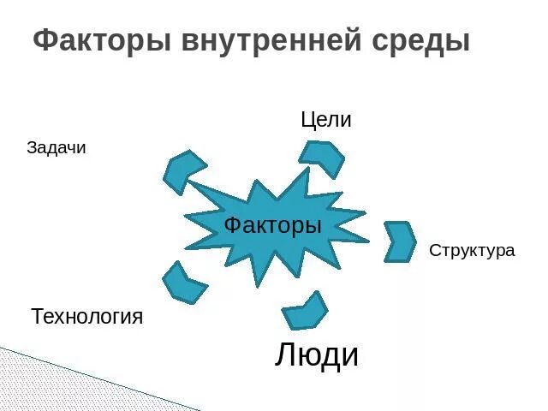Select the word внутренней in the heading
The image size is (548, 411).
tap(274, 40)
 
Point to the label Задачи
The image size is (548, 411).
tap(57, 148)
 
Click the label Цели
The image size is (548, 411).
tap(326, 120)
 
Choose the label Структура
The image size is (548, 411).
tap(472, 251)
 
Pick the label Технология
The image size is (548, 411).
tap(87, 317)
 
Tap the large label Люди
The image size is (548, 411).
tap(317, 354)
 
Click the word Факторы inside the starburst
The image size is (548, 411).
tap(273, 226)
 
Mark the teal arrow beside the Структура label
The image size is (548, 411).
tap(399, 241)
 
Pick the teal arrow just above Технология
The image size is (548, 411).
tap(183, 283)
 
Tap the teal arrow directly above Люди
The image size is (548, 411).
tap(305, 311)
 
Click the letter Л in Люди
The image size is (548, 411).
tap(286, 355)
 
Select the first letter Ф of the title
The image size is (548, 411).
tap(45, 40)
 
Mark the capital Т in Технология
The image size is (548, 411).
tap(37, 316)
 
